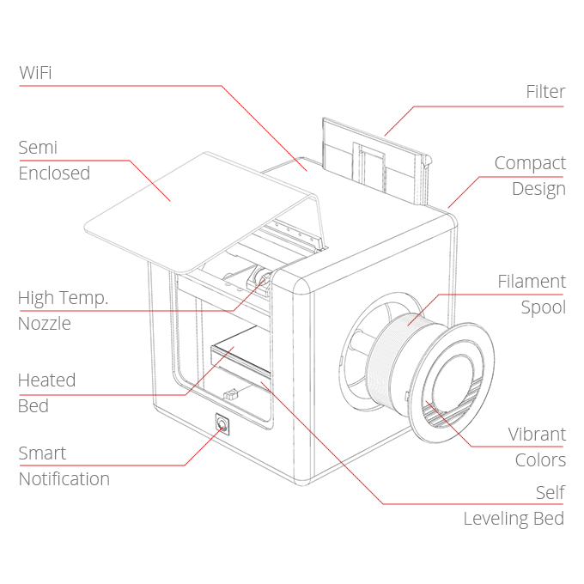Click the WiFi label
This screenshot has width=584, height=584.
coord(35,73)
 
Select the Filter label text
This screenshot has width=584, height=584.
coord(545,92)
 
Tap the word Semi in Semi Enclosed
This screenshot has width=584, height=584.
coord(38,148)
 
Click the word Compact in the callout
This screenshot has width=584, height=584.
coord(530,163)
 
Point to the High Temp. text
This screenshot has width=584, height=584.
coord(63,298)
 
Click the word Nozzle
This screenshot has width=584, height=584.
coord(44,324)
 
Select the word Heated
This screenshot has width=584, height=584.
coord(46,380)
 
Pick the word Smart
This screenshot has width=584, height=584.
coord(42,453)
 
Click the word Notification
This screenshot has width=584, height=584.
coord(64,478)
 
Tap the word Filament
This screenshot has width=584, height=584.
coord(532,281)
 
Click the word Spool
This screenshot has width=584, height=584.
coord(543,307)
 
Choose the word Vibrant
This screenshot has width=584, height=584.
coord(537,434)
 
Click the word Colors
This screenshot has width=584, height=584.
coord(540,459)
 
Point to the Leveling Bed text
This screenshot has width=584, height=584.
coord(514,518)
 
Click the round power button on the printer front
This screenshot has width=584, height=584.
coord(222,424)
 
